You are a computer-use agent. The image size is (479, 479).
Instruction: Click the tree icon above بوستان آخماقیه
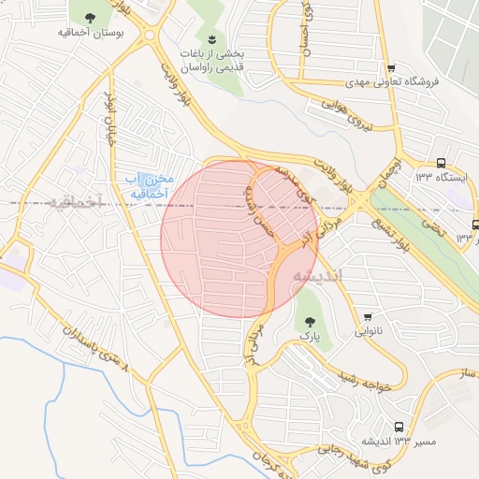[x=90, y=18]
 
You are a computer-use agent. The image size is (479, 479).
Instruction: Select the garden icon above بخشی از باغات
[x=212, y=38]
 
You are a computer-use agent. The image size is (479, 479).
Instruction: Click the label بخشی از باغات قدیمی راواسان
[x=212, y=60]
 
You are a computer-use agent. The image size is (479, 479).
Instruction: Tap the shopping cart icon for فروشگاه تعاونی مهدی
[x=391, y=67]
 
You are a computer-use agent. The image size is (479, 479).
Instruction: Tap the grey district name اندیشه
[x=318, y=277]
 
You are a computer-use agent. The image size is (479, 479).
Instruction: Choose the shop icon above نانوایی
[x=369, y=316]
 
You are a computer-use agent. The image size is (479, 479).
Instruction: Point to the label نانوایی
[x=367, y=332]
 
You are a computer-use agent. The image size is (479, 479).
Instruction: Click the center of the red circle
[x=239, y=239]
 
